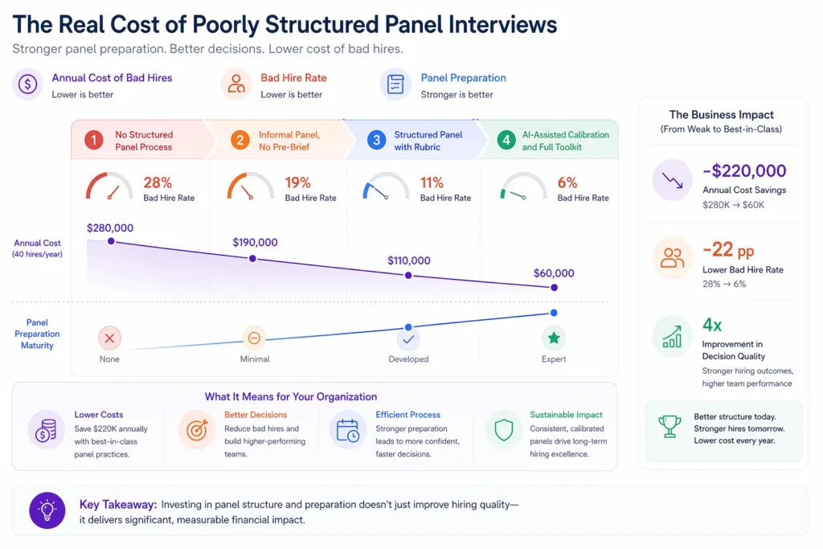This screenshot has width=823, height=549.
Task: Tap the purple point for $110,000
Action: click(x=408, y=275)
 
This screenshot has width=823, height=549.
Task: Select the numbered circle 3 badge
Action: click(x=376, y=141)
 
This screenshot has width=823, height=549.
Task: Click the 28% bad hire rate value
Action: click(x=158, y=182)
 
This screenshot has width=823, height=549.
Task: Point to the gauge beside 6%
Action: click(x=523, y=187)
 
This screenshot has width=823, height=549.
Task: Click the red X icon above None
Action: click(x=109, y=337)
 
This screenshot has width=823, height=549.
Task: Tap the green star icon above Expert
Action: click(x=553, y=337)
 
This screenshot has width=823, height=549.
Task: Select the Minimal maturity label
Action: click(x=255, y=359)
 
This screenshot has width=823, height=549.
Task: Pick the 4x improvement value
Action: click(x=712, y=325)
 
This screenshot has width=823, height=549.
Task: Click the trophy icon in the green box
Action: click(x=669, y=427)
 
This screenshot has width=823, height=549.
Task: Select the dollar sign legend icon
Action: click(x=28, y=84)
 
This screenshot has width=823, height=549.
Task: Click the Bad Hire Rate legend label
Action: click(x=293, y=78)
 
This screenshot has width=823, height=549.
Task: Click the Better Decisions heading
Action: click(x=256, y=415)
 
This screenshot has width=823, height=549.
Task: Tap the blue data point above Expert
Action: click(x=553, y=313)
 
